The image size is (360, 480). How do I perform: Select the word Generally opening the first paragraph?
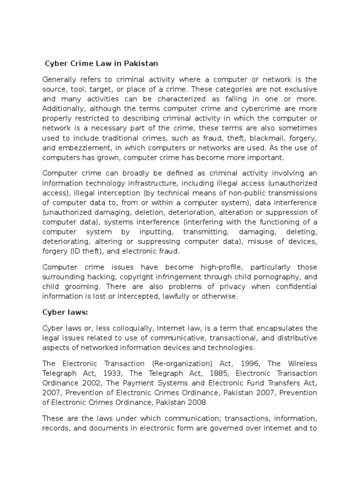click(59, 79)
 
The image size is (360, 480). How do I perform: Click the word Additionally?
click(63, 109)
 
